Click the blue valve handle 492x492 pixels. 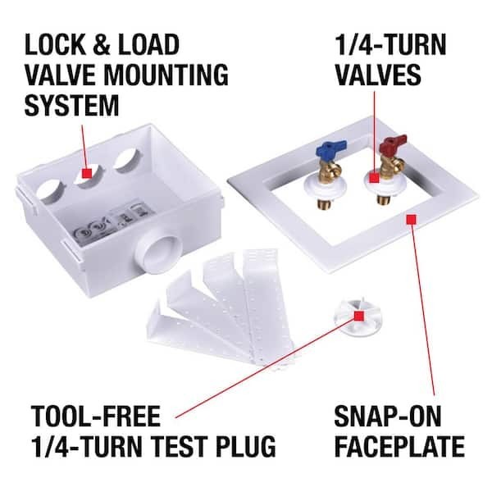(x=330, y=146)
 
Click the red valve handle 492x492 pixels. (x=393, y=142)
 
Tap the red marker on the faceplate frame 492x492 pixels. (x=411, y=219)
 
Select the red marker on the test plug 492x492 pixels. (x=358, y=316)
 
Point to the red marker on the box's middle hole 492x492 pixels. (x=87, y=173)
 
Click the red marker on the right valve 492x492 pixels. (x=374, y=178)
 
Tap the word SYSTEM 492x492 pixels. (x=71, y=106)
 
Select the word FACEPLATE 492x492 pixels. (x=399, y=446)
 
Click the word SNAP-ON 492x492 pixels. (x=388, y=416)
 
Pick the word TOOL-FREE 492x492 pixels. (x=96, y=416)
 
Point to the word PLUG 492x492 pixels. (x=246, y=446)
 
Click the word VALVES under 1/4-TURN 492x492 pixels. (x=378, y=75)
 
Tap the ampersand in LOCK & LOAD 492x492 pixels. (x=102, y=44)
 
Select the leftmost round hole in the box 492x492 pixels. (x=52, y=191)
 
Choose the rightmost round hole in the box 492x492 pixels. (x=128, y=159)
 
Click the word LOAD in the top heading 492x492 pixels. (x=148, y=44)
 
